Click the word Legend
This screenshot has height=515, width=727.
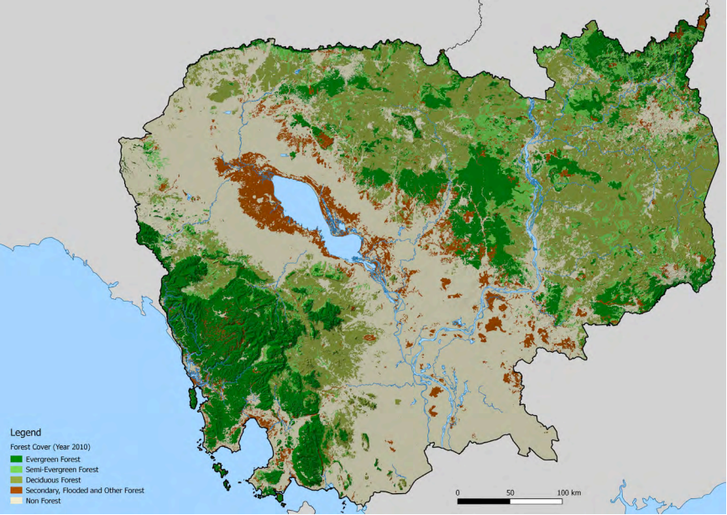[25, 433]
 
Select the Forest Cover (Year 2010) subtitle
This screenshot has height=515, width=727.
[50, 447]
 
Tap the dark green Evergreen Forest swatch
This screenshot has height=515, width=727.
[16, 460]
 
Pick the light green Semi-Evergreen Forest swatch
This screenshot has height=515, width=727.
[16, 470]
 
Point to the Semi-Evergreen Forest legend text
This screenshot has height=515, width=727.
[62, 470]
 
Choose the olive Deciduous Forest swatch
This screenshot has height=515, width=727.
[16, 480]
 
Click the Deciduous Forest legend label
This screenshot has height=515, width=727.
[53, 480]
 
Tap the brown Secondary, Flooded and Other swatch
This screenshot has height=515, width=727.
[16, 490]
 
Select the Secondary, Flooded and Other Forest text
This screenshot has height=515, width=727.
[85, 490]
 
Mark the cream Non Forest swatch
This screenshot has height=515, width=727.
[16, 500]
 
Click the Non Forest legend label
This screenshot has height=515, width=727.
[44, 500]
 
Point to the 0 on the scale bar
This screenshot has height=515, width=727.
[458, 491]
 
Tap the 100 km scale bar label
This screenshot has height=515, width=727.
[568, 491]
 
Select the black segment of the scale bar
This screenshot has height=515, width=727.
[484, 502]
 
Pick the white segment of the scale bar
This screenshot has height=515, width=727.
[536, 502]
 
